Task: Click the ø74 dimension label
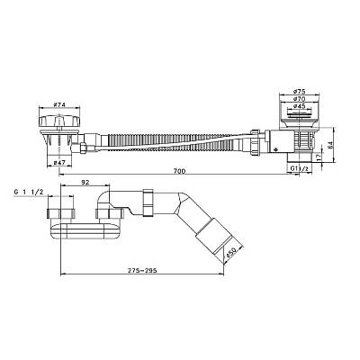59,104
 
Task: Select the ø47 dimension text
59,163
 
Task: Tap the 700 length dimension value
180,171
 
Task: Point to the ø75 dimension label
299,91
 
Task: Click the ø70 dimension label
299,98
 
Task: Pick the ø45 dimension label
299,105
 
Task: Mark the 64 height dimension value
330,146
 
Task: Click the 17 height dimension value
319,157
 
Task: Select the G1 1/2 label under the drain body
299,168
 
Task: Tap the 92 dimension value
85,182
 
